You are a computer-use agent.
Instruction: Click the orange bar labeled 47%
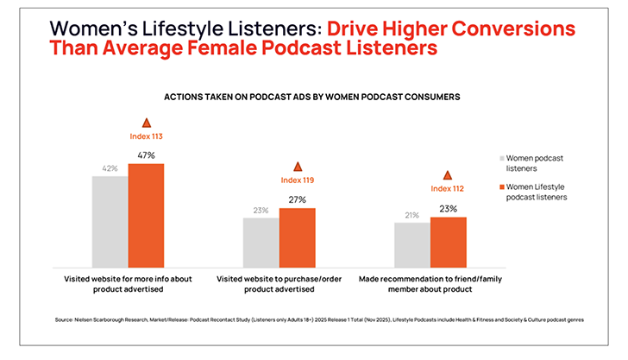coord(146,215)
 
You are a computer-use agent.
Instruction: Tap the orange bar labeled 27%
coord(297,237)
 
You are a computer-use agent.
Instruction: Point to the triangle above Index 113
coord(146,123)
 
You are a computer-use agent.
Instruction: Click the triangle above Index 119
coord(298,166)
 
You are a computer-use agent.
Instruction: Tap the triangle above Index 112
coord(447,175)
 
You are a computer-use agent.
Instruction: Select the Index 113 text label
coord(146,136)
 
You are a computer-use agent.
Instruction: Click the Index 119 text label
coord(298,180)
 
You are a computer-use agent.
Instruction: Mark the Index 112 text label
coord(447,189)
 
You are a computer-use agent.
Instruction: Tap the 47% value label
coord(146,155)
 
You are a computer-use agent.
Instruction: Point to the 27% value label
coord(297,199)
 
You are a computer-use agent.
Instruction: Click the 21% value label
coord(411,214)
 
